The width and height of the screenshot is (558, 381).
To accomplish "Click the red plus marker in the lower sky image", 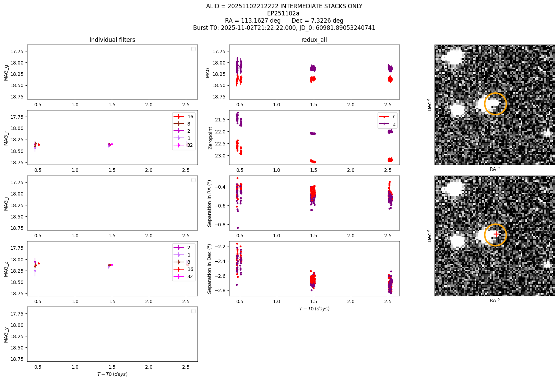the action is (x=496, y=234).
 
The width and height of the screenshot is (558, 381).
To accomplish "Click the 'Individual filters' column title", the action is (x=112, y=40).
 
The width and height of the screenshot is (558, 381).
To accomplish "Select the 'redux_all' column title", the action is (x=314, y=40).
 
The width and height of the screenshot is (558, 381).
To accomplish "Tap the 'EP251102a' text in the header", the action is (x=283, y=13).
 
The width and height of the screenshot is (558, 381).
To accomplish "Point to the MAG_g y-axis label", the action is (x=6, y=73).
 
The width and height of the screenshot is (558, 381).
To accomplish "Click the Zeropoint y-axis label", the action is (x=210, y=138).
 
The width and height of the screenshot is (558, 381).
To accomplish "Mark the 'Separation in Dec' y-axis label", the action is (x=209, y=269).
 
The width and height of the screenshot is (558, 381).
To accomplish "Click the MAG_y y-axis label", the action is (x=6, y=335).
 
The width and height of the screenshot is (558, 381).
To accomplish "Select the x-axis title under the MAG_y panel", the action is (x=112, y=374).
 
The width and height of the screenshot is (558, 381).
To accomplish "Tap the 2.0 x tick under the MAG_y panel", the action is (x=149, y=367).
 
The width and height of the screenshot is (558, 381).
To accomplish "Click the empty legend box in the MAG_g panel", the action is (x=193, y=49).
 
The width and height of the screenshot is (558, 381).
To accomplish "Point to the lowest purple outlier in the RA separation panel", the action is (x=238, y=228).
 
